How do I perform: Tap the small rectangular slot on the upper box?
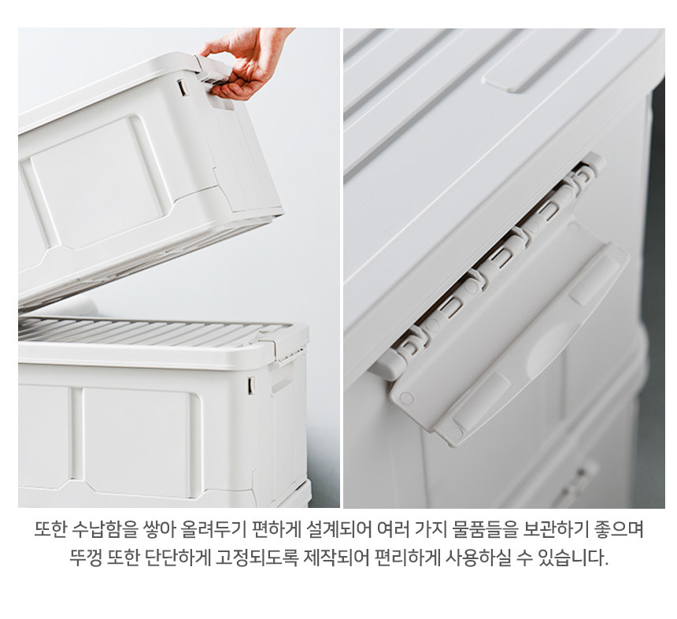(x=182, y=87)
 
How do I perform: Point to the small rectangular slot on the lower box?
(x=251, y=385)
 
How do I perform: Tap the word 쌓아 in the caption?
(x=158, y=528)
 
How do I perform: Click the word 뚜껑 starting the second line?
(x=86, y=558)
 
